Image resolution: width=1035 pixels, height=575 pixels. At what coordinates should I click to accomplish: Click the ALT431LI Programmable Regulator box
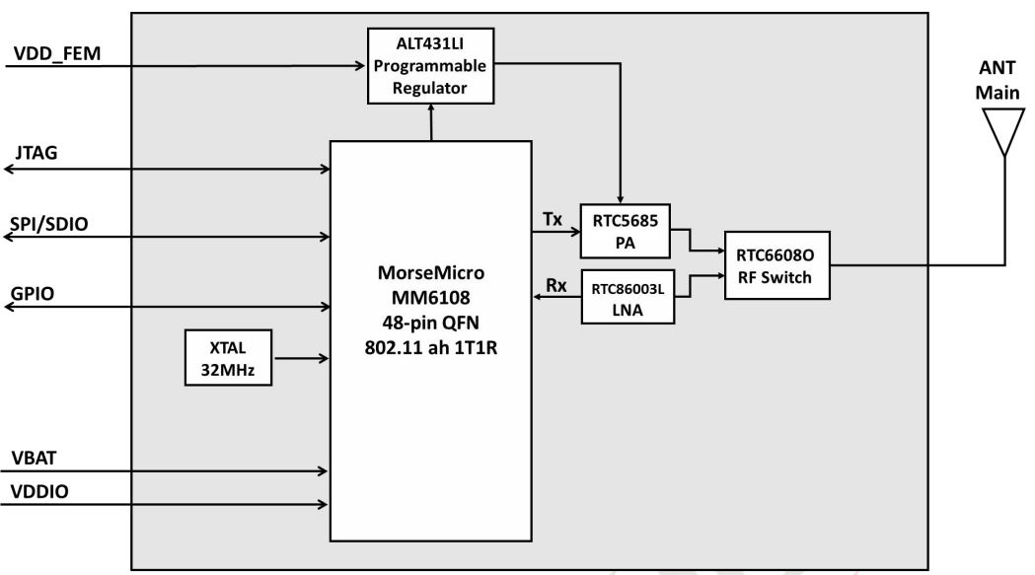[x=430, y=66]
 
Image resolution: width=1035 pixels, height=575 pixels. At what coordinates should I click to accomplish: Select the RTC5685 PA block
[x=626, y=231]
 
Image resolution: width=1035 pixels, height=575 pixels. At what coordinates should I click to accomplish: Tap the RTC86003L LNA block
[x=628, y=297]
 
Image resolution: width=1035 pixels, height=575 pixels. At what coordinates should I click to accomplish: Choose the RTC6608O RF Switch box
[x=776, y=265]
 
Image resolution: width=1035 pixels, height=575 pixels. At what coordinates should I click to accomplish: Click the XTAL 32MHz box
[x=228, y=358]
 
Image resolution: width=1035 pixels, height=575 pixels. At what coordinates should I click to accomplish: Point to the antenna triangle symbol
[x=1004, y=132]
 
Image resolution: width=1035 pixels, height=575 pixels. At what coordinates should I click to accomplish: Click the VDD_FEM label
[x=57, y=53]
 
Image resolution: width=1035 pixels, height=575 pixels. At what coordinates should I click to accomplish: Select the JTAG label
[x=37, y=153]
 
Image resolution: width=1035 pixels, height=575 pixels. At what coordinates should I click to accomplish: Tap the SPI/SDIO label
[x=49, y=224]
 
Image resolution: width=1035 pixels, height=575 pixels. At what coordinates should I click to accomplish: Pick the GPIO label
[x=33, y=293]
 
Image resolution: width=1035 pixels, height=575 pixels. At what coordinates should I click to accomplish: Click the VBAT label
[x=34, y=458]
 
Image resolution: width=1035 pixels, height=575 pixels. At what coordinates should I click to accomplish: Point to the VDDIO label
[x=39, y=491]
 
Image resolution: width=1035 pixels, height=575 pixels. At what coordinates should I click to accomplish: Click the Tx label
[x=553, y=219]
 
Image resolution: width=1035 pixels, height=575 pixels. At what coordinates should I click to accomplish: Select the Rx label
[x=555, y=285]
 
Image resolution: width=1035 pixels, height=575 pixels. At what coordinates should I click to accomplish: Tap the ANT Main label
[x=998, y=80]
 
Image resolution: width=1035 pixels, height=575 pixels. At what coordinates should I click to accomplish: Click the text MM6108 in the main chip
[x=430, y=297]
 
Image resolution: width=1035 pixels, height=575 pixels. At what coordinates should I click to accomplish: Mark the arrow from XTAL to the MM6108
[x=301, y=358]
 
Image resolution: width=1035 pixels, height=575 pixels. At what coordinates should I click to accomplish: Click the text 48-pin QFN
[x=430, y=323]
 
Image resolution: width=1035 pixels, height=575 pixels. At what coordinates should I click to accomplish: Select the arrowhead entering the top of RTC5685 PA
[x=620, y=199]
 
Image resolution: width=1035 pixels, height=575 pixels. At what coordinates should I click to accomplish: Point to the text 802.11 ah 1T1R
[x=431, y=347]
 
